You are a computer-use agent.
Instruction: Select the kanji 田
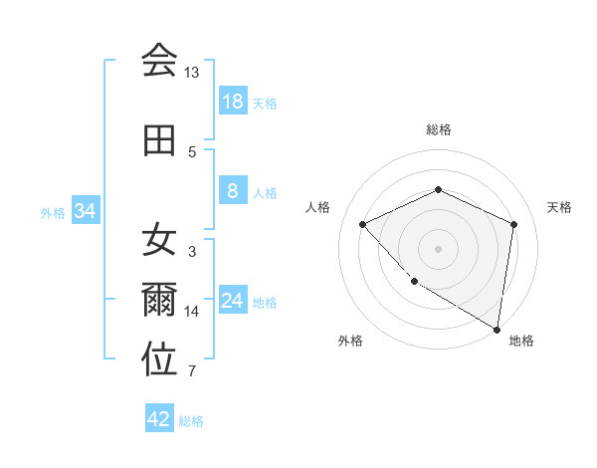coord(159,139)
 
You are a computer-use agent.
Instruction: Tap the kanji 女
coord(159,239)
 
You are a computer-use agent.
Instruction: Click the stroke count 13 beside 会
coord(191,73)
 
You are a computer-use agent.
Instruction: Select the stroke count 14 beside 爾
coord(192,312)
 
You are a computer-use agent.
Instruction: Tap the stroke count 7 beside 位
coord(192,372)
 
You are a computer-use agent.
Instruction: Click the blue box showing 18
coord(233,102)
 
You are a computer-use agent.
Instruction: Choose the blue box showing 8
coord(233,191)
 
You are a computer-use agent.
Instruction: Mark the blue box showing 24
coord(233,301)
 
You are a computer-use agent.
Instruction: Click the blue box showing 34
coord(86,211)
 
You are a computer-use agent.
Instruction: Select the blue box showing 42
coord(159,419)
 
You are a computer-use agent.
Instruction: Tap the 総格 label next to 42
coord(192,420)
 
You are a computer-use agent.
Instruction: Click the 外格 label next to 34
coord(54,212)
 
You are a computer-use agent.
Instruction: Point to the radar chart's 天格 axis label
coord(559,207)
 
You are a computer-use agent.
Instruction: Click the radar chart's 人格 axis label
coord(317,207)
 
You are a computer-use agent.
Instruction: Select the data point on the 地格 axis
coord(497,329)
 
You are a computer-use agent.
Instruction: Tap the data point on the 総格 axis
coord(438,189)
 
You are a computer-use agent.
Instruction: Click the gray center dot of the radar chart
coord(438,248)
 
